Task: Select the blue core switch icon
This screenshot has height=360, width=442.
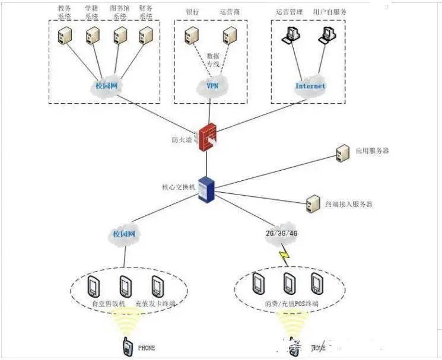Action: [x=206, y=189]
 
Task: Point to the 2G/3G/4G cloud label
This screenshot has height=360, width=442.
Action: [x=281, y=234]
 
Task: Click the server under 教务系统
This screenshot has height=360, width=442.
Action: [x=62, y=36]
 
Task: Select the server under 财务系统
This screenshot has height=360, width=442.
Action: [x=143, y=36]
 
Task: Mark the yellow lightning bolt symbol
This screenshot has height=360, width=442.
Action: [x=284, y=257]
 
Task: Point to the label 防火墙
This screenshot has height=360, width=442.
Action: [x=182, y=140]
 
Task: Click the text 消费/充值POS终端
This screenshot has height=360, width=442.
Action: [x=290, y=304]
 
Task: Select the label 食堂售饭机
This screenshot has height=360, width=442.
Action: [x=109, y=304]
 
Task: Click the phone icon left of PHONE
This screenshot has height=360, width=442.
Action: [x=127, y=348]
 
